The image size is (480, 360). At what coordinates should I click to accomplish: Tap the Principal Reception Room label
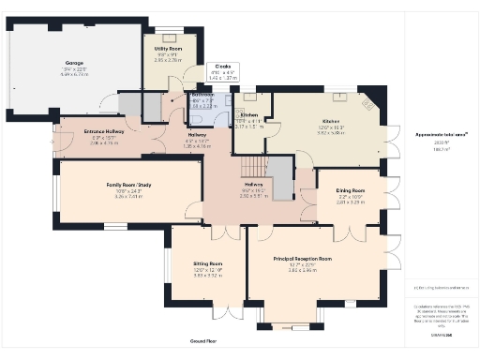pos(303,258)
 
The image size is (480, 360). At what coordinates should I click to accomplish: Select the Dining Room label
pos(350,189)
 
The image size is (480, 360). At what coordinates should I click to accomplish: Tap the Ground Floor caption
pos(203,342)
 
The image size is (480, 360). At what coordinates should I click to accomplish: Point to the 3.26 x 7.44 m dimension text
pos(125,198)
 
